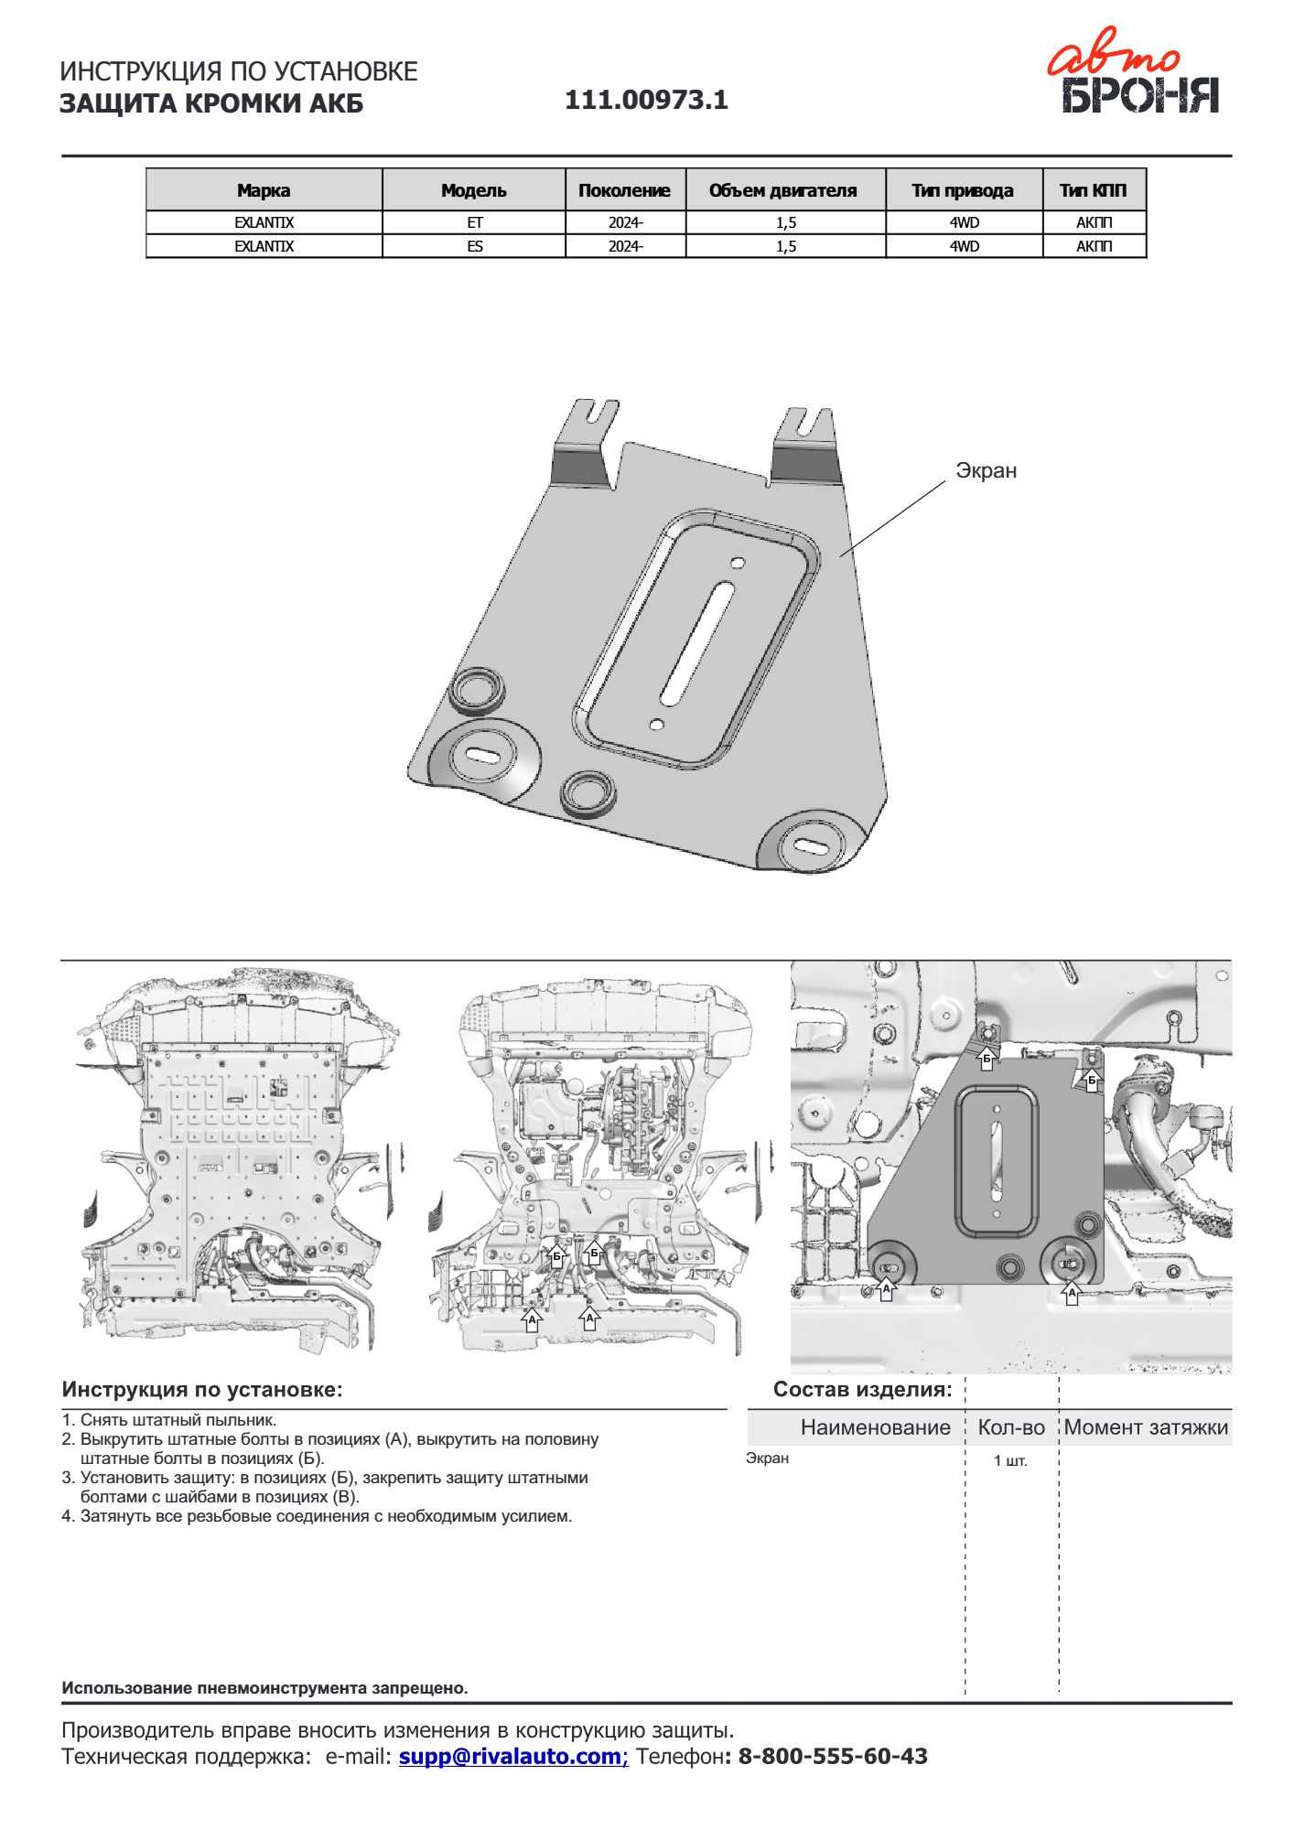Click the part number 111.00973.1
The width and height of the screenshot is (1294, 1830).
pos(646,100)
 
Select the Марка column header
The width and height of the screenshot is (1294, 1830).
pos(264,190)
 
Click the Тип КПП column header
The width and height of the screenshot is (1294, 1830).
pos(1094,190)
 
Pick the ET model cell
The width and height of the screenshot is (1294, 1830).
pos(474,222)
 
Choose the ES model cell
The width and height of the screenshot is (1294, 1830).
pos(474,246)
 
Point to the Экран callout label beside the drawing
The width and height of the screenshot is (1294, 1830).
pos(986,470)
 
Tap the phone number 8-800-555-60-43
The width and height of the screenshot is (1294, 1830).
pos(832,1756)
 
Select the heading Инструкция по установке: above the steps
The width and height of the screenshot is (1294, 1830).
pos(202,1389)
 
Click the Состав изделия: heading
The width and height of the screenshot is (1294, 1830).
pos(862,1389)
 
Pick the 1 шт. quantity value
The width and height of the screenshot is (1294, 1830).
pos(1010,1461)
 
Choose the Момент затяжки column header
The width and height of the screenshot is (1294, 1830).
pos(1146,1427)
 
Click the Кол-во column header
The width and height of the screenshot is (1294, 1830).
pos(1011,1427)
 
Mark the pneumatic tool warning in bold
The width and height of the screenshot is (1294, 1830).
pos(264,1688)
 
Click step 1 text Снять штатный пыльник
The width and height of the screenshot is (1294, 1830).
pos(169,1420)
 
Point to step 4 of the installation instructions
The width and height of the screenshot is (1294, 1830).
pos(317,1516)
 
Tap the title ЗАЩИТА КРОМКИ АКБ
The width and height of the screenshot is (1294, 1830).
pos(211,103)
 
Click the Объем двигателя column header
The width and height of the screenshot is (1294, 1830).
pos(783,190)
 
